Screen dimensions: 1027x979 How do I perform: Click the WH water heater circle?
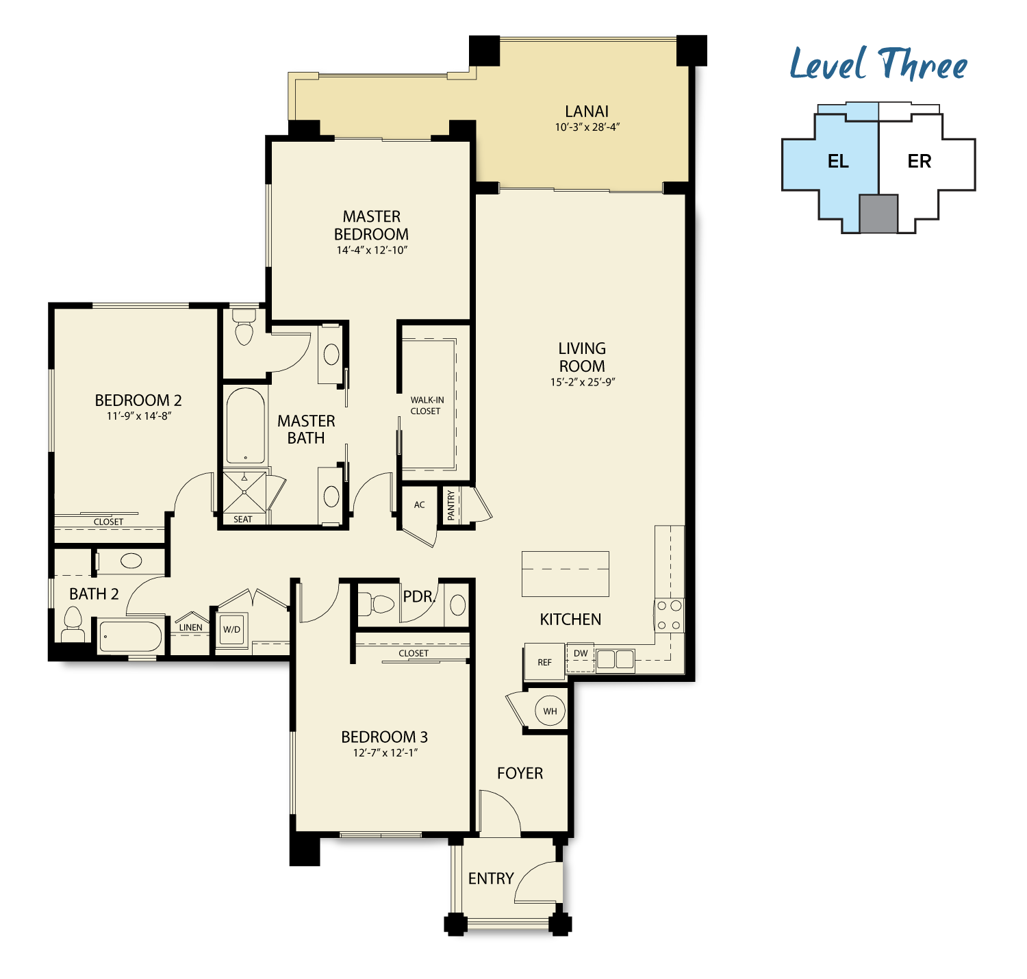(x=550, y=711)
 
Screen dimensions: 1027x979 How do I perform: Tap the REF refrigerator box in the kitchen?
(x=544, y=662)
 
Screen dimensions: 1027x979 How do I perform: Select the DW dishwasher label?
(x=581, y=653)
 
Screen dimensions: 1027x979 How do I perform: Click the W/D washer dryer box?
(x=232, y=630)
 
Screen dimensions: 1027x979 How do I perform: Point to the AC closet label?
(x=419, y=505)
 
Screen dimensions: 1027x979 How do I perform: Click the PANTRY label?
(x=451, y=505)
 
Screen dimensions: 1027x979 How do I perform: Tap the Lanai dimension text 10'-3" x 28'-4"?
(x=587, y=127)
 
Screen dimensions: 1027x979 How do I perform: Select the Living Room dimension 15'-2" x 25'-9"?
(x=582, y=382)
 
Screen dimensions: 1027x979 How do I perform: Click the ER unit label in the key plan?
(x=919, y=161)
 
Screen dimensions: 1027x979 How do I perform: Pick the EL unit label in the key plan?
(x=838, y=161)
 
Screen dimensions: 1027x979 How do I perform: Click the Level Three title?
(x=878, y=64)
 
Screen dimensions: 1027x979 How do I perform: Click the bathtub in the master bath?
(x=245, y=426)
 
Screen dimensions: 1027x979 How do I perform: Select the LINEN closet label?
(x=190, y=627)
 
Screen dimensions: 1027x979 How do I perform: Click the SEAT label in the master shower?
(x=242, y=519)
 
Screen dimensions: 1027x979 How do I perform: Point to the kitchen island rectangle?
(x=565, y=574)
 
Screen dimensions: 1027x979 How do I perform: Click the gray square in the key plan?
(x=878, y=214)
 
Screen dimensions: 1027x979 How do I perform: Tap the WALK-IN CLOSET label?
(x=427, y=405)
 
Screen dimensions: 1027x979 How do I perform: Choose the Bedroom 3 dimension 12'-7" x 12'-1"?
(x=385, y=753)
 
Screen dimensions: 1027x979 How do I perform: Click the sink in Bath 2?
(x=131, y=561)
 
